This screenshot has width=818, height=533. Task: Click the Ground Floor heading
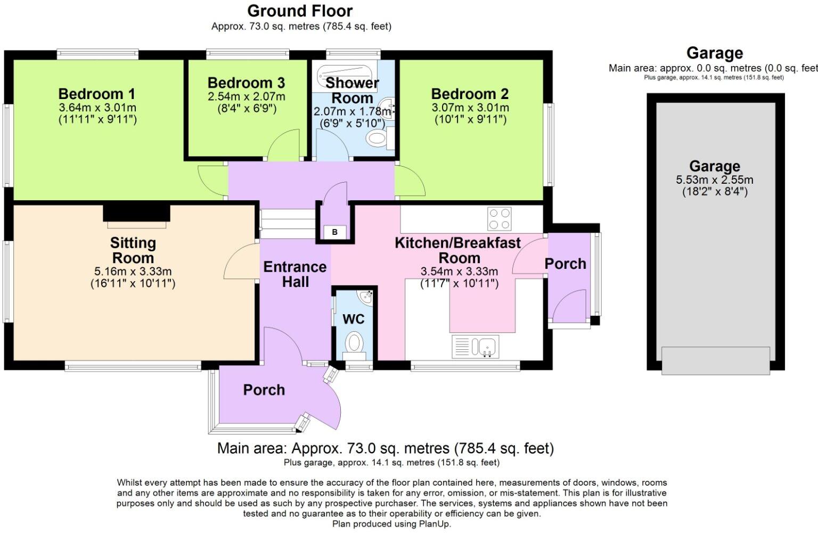coord(300,11)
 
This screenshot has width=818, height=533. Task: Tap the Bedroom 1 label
coord(97,94)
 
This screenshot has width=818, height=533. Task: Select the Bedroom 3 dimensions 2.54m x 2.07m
coord(247,97)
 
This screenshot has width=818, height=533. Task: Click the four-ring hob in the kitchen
coord(499,218)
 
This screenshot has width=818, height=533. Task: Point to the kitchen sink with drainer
coord(475,347)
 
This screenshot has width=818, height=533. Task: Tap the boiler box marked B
coord(334,232)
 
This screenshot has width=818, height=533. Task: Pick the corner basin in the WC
coord(365,297)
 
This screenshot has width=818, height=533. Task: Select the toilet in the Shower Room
coord(380,138)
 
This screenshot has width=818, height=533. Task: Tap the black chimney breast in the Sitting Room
coord(136,213)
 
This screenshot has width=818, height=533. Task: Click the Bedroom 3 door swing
coord(284,145)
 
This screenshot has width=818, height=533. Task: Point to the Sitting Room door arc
coord(241,261)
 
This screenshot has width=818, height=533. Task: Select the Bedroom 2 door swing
coord(410,181)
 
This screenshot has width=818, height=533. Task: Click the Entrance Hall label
coord(295,274)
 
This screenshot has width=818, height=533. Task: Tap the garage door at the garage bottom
coord(716,360)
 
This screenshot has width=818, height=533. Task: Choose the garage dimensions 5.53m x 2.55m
coord(715,179)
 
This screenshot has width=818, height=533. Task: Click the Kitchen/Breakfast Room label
coord(459,250)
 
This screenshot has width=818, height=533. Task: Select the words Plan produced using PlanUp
coord(391,524)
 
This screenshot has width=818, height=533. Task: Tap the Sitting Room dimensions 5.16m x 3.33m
coord(133,271)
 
